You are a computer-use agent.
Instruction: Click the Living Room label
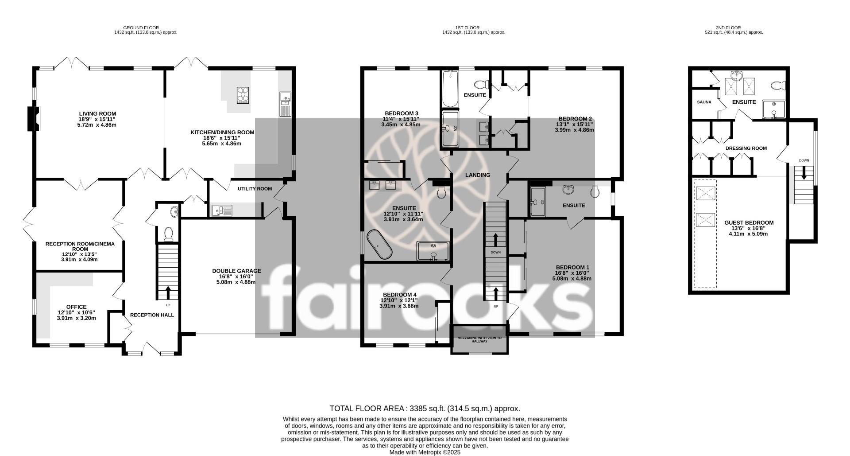pos(97,114)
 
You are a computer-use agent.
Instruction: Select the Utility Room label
pos(255,189)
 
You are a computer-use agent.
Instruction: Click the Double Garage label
pos(236,271)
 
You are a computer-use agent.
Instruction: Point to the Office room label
pos(77,307)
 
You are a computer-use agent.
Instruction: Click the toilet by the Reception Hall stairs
pos(168,234)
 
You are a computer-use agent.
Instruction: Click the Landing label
pos(478,175)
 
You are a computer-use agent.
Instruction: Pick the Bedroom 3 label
pos(401,113)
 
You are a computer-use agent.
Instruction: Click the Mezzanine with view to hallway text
pos(479,339)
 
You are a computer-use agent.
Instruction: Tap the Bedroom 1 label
pos(572,267)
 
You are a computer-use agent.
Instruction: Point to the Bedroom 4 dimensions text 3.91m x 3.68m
pos(398,306)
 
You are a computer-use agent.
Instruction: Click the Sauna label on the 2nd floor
pos(704,102)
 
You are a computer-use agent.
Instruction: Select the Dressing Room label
pos(746,148)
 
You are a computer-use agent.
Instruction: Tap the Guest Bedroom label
pos(749,223)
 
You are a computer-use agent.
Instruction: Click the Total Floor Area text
pos(425,409)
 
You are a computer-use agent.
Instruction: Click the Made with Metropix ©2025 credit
pos(425,452)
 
